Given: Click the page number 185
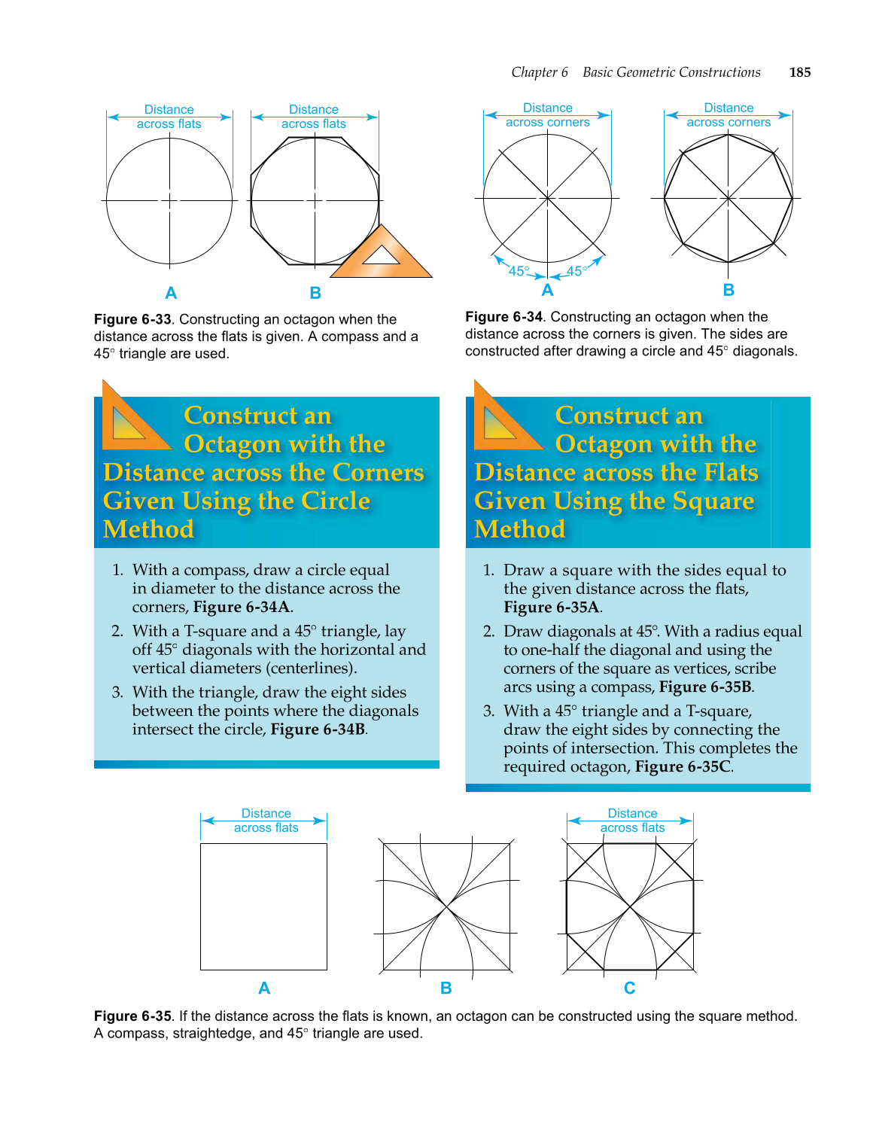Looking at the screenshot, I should [799, 72].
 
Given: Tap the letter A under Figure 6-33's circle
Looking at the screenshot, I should [171, 293].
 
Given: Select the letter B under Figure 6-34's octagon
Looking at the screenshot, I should [728, 290].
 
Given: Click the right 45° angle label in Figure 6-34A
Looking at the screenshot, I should [576, 271].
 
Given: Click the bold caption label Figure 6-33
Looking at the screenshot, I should [132, 319].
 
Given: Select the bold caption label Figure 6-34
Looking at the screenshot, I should [503, 317].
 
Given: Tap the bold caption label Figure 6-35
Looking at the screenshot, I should [132, 1016].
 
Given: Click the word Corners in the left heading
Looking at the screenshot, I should [378, 472].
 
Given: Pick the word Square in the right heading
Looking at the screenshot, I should [713, 501].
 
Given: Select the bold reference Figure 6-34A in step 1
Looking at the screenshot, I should [242, 607].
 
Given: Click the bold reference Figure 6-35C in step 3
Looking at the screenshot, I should [683, 766].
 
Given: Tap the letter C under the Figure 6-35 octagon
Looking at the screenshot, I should [629, 988].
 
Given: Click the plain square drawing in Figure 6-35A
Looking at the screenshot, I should [263, 906].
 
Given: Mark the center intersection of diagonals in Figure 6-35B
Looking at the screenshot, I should [447, 906].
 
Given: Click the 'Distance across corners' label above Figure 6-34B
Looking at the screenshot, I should [728, 115].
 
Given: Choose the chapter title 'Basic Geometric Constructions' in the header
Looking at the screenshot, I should [671, 72].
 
